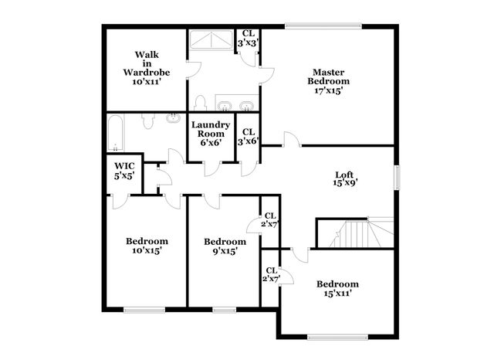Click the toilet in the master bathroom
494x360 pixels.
click(x=199, y=103)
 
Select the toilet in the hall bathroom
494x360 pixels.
click(x=171, y=122)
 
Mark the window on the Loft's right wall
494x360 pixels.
click(x=398, y=177)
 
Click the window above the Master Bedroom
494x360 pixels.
click(x=322, y=28)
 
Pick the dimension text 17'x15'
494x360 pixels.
click(x=329, y=90)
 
